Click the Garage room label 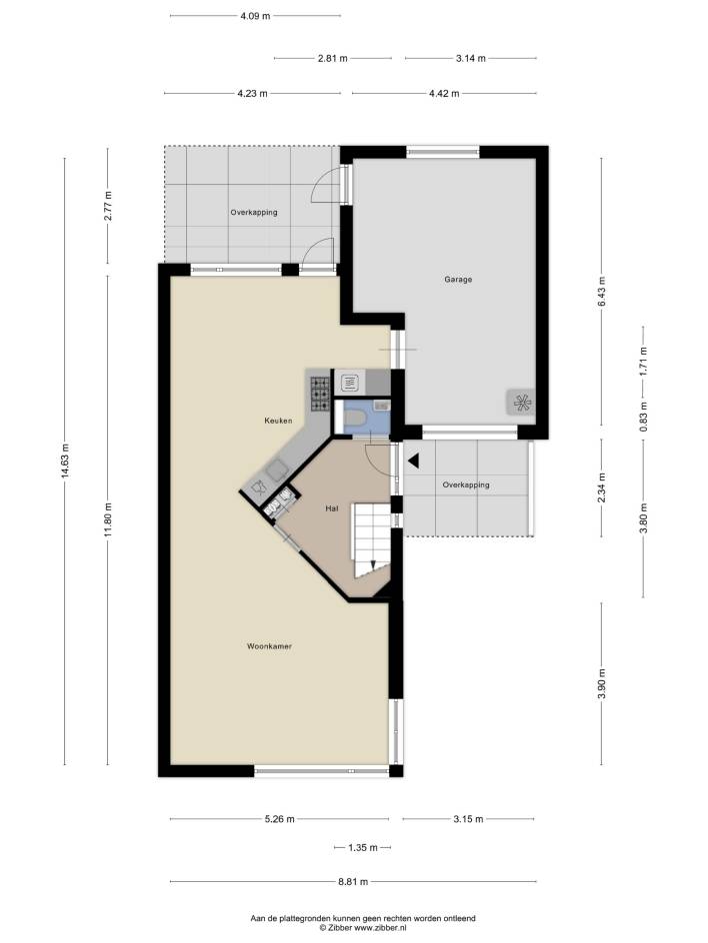(x=458, y=279)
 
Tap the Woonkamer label (x=269, y=646)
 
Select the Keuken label (x=278, y=421)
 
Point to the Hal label (x=332, y=508)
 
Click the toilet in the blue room (x=355, y=418)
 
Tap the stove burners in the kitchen (x=320, y=394)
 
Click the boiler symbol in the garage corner (x=521, y=403)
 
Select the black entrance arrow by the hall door (x=414, y=462)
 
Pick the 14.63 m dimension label (x=64, y=461)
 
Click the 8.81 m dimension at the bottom (x=353, y=882)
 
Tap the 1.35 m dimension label (x=362, y=847)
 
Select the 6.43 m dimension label (x=601, y=292)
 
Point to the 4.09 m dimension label (x=255, y=16)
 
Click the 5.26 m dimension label (x=280, y=818)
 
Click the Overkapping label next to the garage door (x=254, y=213)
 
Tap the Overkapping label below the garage (x=466, y=484)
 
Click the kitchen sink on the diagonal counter (x=278, y=471)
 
